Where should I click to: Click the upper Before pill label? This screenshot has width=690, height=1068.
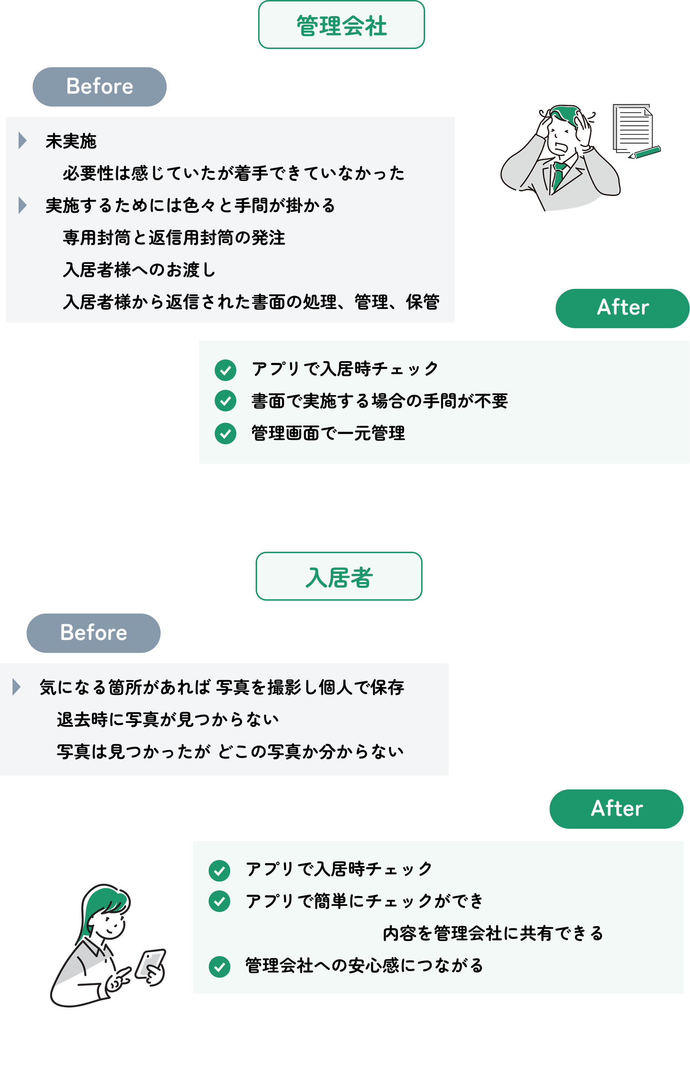99,87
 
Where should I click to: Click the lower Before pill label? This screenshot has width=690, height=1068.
93,633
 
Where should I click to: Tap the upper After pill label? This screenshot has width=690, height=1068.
622,308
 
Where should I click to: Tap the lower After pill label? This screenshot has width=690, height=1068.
616,809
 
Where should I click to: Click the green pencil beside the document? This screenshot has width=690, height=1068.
645,152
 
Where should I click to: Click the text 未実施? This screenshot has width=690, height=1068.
71,141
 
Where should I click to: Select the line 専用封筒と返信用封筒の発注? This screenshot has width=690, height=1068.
174,237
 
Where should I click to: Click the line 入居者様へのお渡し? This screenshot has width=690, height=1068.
139,270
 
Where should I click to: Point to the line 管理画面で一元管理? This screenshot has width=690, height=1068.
328,433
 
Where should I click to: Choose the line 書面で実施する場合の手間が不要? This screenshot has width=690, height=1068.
380,400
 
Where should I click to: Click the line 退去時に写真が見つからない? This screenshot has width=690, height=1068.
168,719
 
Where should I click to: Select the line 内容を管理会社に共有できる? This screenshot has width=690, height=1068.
493,933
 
